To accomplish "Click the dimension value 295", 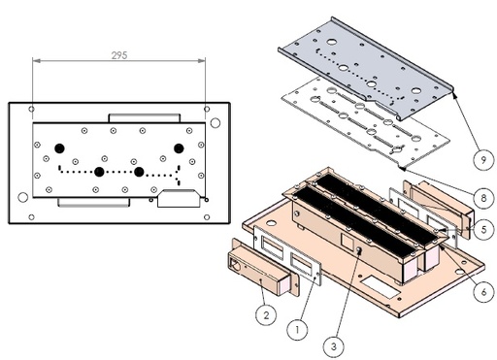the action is point(119,55).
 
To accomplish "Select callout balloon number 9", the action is point(483,159).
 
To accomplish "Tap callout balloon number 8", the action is point(483,197).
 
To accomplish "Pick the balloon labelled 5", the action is point(483,229).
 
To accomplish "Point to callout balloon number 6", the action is point(483,292).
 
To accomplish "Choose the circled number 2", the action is point(266,314).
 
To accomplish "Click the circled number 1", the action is point(297,330).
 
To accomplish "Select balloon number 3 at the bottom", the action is point(334,346).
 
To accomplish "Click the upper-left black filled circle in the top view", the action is point(59,148).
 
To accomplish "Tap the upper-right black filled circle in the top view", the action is point(179,148).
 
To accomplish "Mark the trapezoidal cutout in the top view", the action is point(179,198).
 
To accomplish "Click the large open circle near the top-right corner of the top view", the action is point(215,123).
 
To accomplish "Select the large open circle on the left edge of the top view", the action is point(23,197).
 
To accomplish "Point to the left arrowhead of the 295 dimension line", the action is point(36,60).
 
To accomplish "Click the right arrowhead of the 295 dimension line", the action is point(201,60).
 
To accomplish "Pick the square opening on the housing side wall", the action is point(348,241).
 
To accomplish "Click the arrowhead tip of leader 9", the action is point(453,91).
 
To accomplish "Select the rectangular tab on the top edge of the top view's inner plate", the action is point(145,118).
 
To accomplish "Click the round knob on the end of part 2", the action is point(235,266).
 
